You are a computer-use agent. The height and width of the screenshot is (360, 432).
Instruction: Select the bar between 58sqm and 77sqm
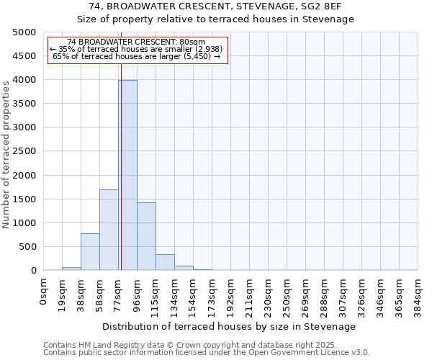tap(109, 230)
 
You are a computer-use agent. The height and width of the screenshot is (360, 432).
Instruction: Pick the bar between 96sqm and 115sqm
tap(146, 236)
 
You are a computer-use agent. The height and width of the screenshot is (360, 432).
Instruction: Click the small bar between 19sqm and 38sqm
tap(71, 269)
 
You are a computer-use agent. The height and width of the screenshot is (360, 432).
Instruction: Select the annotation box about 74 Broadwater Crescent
tap(137, 50)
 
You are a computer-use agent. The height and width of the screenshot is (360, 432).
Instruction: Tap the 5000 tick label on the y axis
tap(24, 32)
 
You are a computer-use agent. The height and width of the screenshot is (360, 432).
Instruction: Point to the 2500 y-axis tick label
tap(24, 151)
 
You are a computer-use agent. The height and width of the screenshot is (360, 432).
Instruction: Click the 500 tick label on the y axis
tap(27, 247)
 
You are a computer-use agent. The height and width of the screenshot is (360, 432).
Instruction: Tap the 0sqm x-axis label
tap(44, 292)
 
